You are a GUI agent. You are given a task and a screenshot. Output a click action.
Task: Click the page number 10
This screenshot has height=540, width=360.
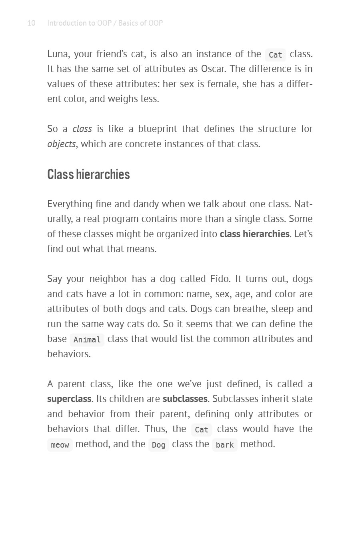[x=31, y=23]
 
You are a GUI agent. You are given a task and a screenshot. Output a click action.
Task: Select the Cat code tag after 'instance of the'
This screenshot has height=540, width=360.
[x=275, y=55]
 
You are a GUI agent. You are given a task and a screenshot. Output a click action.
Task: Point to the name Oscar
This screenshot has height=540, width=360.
[x=213, y=69]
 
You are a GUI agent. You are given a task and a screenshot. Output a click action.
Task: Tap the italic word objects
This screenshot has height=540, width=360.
[x=61, y=144]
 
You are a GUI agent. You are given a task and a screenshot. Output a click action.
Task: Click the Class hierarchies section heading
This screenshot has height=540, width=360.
[x=88, y=174]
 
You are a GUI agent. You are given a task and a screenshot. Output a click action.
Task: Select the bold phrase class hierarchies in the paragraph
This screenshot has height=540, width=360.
[x=254, y=234]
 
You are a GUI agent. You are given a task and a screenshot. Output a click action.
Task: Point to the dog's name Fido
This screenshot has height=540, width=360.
[x=219, y=279]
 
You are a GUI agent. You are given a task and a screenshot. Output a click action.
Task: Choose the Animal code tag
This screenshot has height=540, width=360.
[x=87, y=340]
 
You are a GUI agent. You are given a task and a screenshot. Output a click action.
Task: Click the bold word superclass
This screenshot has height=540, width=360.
[x=69, y=399]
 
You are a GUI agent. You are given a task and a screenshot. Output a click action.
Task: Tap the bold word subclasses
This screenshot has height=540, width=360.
[x=185, y=399]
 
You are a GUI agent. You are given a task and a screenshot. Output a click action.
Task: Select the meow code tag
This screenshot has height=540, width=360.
[x=60, y=445]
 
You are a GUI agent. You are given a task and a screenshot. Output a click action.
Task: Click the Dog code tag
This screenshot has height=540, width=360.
[x=158, y=445]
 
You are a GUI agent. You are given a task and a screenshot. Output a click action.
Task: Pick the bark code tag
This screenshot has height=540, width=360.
[x=224, y=445]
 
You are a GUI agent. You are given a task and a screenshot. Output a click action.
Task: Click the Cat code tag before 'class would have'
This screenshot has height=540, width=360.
[x=201, y=430]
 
